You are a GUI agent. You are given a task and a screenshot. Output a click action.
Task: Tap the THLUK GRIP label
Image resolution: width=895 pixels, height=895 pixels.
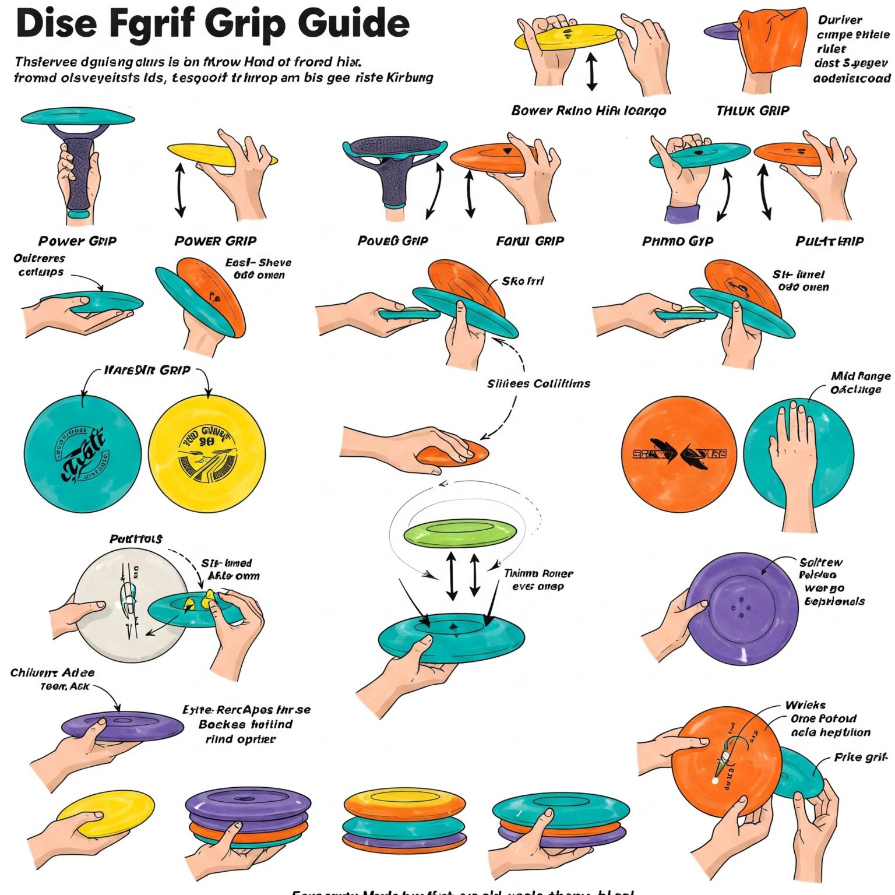752,111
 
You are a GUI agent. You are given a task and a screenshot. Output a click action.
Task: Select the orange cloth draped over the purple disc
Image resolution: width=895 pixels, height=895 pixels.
772,41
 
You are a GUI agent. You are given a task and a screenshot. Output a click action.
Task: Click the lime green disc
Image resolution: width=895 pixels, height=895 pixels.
460,533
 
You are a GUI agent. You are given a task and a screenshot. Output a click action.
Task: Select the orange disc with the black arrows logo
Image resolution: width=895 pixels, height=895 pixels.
679,454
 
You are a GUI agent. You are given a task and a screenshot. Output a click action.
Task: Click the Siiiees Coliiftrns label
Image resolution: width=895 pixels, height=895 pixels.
538,383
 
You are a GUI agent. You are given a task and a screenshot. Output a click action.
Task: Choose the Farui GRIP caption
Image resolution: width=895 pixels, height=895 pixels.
530,241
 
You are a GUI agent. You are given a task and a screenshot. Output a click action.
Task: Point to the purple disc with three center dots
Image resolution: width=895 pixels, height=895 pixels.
741,609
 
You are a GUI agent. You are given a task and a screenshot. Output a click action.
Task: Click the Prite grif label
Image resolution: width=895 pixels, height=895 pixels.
861,757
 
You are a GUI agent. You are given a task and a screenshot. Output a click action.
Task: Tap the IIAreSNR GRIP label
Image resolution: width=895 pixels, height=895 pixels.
147,370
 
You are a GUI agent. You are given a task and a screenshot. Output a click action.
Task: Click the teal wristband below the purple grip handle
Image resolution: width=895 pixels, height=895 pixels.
79,214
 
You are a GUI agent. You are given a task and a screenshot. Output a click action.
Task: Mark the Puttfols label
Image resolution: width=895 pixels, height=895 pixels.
136,539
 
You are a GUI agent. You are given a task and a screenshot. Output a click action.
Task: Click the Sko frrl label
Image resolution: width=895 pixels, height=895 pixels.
523,281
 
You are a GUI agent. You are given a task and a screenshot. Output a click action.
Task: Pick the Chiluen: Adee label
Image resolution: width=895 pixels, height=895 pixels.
52,673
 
